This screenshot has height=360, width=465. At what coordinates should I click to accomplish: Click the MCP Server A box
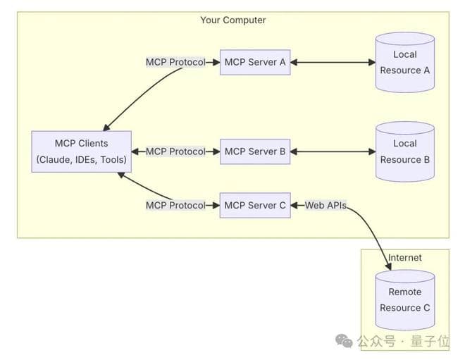pyautogui.click(x=254, y=62)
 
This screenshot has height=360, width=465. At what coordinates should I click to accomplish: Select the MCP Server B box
pyautogui.click(x=254, y=151)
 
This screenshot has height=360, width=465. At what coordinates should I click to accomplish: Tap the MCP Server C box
pyautogui.click(x=254, y=206)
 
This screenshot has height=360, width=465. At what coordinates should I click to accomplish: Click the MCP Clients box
pyautogui.click(x=82, y=151)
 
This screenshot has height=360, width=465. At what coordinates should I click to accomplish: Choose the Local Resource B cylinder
pyautogui.click(x=404, y=151)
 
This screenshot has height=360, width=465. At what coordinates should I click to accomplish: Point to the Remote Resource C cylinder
pyautogui.click(x=404, y=300)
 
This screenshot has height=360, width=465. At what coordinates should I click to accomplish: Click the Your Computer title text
pyautogui.click(x=233, y=20)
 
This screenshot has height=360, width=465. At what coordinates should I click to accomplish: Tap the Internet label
pyautogui.click(x=405, y=258)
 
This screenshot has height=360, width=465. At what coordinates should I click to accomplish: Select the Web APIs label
pyautogui.click(x=325, y=206)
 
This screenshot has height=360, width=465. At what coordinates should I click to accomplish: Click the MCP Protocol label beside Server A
pyautogui.click(x=175, y=62)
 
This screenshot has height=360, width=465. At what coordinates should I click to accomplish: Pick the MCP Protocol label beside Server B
pyautogui.click(x=175, y=151)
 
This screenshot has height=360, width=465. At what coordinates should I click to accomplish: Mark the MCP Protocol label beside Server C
pyautogui.click(x=175, y=206)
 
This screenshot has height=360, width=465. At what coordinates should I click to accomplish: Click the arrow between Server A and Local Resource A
pyautogui.click(x=333, y=62)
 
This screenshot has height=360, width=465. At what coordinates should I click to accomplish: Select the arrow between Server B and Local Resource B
pyautogui.click(x=333, y=151)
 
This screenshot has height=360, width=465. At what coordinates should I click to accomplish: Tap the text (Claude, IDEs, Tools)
pyautogui.click(x=82, y=160)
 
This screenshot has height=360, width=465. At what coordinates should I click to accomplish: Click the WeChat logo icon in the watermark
pyautogui.click(x=344, y=341)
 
